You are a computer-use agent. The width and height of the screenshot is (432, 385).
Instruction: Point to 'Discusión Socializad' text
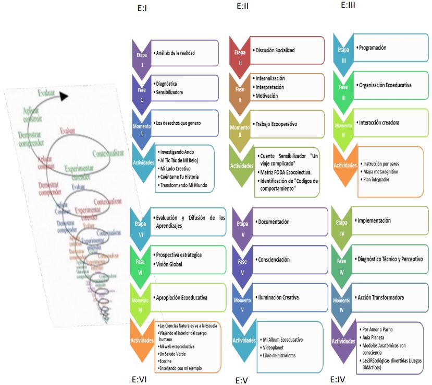pos(275,50)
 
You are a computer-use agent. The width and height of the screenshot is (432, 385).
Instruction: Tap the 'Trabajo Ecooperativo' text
pos(277,124)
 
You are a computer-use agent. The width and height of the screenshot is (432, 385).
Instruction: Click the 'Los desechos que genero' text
pos(179,123)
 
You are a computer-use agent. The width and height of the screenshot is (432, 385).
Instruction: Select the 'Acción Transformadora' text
pos(381,298)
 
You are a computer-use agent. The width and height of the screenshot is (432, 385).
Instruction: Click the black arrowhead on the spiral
pos(63,96)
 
